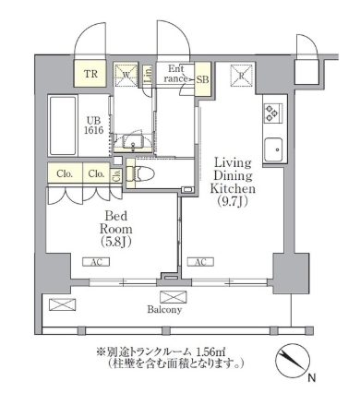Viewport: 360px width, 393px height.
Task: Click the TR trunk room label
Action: [x=91, y=75]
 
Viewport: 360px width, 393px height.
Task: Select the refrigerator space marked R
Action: [x=241, y=76]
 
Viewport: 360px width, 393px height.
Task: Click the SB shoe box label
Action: [x=202, y=79]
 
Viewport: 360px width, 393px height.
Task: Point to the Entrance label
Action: [x=176, y=74]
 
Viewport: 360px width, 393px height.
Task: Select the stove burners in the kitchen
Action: [x=273, y=113]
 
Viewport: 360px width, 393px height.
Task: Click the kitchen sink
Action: [x=273, y=149]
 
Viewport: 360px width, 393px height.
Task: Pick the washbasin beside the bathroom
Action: [x=133, y=143]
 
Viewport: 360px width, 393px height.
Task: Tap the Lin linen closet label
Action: [x=148, y=74]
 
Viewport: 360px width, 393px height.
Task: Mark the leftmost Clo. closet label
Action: [x=64, y=173]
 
